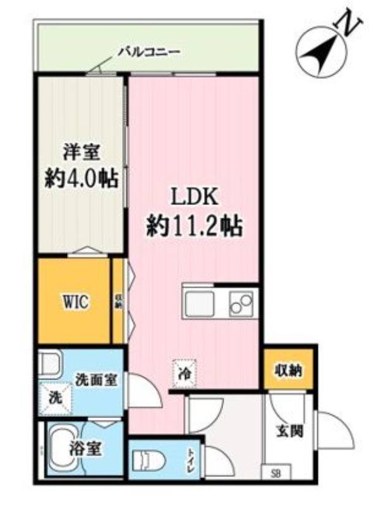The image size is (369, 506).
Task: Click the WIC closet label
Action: pyautogui.click(x=75, y=302)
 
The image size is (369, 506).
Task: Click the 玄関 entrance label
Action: pyautogui.click(x=288, y=432)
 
